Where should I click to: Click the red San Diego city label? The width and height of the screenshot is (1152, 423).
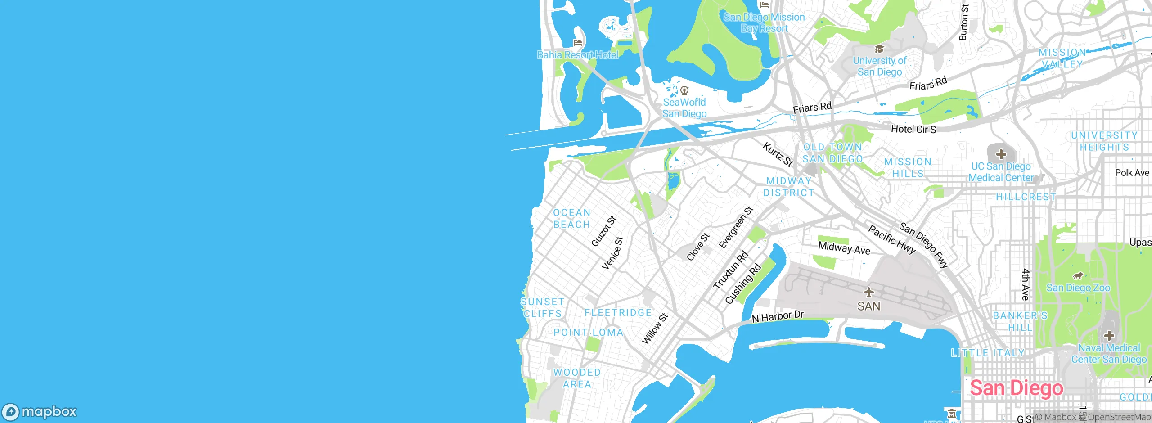coord(1016,388)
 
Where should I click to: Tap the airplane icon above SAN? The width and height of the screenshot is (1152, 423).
coord(869,292)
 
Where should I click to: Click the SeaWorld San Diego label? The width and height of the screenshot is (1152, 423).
coord(684,108)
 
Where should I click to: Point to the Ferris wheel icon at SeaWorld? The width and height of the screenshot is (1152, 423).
coord(684,90)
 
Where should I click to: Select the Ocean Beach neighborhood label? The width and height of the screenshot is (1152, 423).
coord(571,219)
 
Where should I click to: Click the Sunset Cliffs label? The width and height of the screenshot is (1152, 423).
coord(542,308)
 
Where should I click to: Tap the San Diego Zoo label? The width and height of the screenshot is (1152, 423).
coord(1078,288)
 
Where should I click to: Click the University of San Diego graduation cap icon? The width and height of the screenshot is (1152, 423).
coord(879,49)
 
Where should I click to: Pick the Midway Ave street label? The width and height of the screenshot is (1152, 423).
coord(844,248)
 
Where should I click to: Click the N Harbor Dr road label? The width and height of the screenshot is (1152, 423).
coord(778,316)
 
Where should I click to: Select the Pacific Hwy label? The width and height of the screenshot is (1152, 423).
coord(891,240)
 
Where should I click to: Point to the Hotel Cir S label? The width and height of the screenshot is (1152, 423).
coord(913,130)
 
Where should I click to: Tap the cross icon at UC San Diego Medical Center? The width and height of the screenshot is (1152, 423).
coord(1001,155)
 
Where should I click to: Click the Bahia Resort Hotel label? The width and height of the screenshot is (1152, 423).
coord(578,55)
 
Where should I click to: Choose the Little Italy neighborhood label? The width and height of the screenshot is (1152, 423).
coord(987,353)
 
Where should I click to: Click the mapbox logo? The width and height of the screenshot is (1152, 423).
coord(40,411)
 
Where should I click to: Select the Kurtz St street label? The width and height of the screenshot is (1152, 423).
coord(777,154)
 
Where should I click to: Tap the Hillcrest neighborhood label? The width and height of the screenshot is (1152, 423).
coord(1026,197)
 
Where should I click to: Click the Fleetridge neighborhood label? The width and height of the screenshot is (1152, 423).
coord(618,313)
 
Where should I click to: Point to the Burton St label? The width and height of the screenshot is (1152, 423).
coord(963,22)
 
